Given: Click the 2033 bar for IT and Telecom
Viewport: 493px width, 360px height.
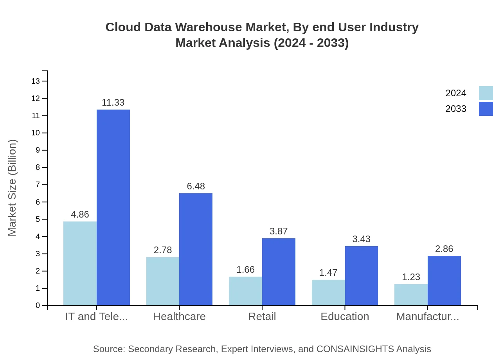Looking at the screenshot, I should [x=113, y=207].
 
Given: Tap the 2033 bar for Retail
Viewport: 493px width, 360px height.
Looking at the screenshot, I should [x=279, y=272].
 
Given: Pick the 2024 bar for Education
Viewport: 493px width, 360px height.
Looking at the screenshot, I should [x=328, y=292].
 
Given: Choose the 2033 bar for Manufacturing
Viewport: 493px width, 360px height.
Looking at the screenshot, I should [x=444, y=281].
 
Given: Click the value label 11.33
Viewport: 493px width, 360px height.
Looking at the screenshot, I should [x=113, y=103].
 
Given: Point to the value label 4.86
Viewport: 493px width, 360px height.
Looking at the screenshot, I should [x=80, y=214].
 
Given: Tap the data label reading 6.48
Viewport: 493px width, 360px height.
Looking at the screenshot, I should [x=196, y=186].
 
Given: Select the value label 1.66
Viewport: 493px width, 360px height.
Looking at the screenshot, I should [x=245, y=270].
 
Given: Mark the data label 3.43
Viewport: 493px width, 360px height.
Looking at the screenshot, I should [x=361, y=239].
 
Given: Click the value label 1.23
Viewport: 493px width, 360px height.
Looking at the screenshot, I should [x=411, y=277].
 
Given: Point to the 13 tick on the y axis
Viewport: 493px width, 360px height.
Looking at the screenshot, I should [x=36, y=81].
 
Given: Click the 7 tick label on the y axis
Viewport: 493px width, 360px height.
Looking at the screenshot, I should [x=38, y=185].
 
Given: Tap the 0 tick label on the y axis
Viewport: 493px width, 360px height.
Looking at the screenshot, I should [x=38, y=306].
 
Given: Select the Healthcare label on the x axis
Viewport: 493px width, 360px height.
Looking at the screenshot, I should [x=179, y=316].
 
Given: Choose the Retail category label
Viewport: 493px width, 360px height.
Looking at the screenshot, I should [x=262, y=316].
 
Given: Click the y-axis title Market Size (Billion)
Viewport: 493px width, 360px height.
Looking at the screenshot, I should [x=13, y=188].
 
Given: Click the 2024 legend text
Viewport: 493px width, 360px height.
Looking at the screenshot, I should [x=456, y=93].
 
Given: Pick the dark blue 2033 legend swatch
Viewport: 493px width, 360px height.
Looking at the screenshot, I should [x=486, y=109].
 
